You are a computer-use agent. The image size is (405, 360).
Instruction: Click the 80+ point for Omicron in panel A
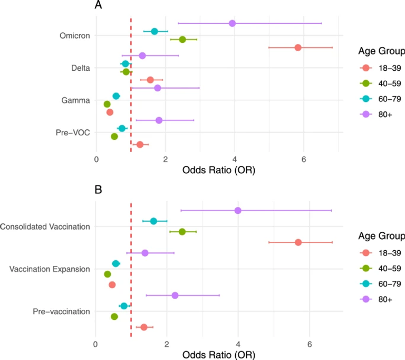pyautogui.click(x=232, y=23)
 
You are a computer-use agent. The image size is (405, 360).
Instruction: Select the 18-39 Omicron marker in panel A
pyautogui.click(x=298, y=48)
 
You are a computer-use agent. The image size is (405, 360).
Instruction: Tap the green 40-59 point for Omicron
pyautogui.click(x=182, y=40)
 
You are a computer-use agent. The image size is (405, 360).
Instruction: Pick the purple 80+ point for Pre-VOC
pyautogui.click(x=159, y=120)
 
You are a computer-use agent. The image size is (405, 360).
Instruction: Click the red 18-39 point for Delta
pyautogui.click(x=150, y=80)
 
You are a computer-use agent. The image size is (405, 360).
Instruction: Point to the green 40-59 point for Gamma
pyautogui.click(x=107, y=104)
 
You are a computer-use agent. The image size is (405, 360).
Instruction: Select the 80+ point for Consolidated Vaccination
pyautogui.click(x=238, y=211)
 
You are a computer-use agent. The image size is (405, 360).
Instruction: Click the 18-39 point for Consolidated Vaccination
pyautogui.click(x=298, y=242)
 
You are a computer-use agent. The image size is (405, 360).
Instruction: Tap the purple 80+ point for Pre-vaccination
pyautogui.click(x=175, y=296)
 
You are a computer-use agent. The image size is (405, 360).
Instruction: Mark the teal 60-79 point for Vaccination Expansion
pyautogui.click(x=115, y=263)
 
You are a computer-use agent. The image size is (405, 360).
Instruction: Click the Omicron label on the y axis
pyautogui.click(x=74, y=36)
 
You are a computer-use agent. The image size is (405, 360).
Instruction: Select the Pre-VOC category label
pyautogui.click(x=73, y=132)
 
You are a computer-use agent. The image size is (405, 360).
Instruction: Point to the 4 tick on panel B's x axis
pyautogui.click(x=238, y=345)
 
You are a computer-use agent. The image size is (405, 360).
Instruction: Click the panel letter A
pyautogui.click(x=99, y=6)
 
